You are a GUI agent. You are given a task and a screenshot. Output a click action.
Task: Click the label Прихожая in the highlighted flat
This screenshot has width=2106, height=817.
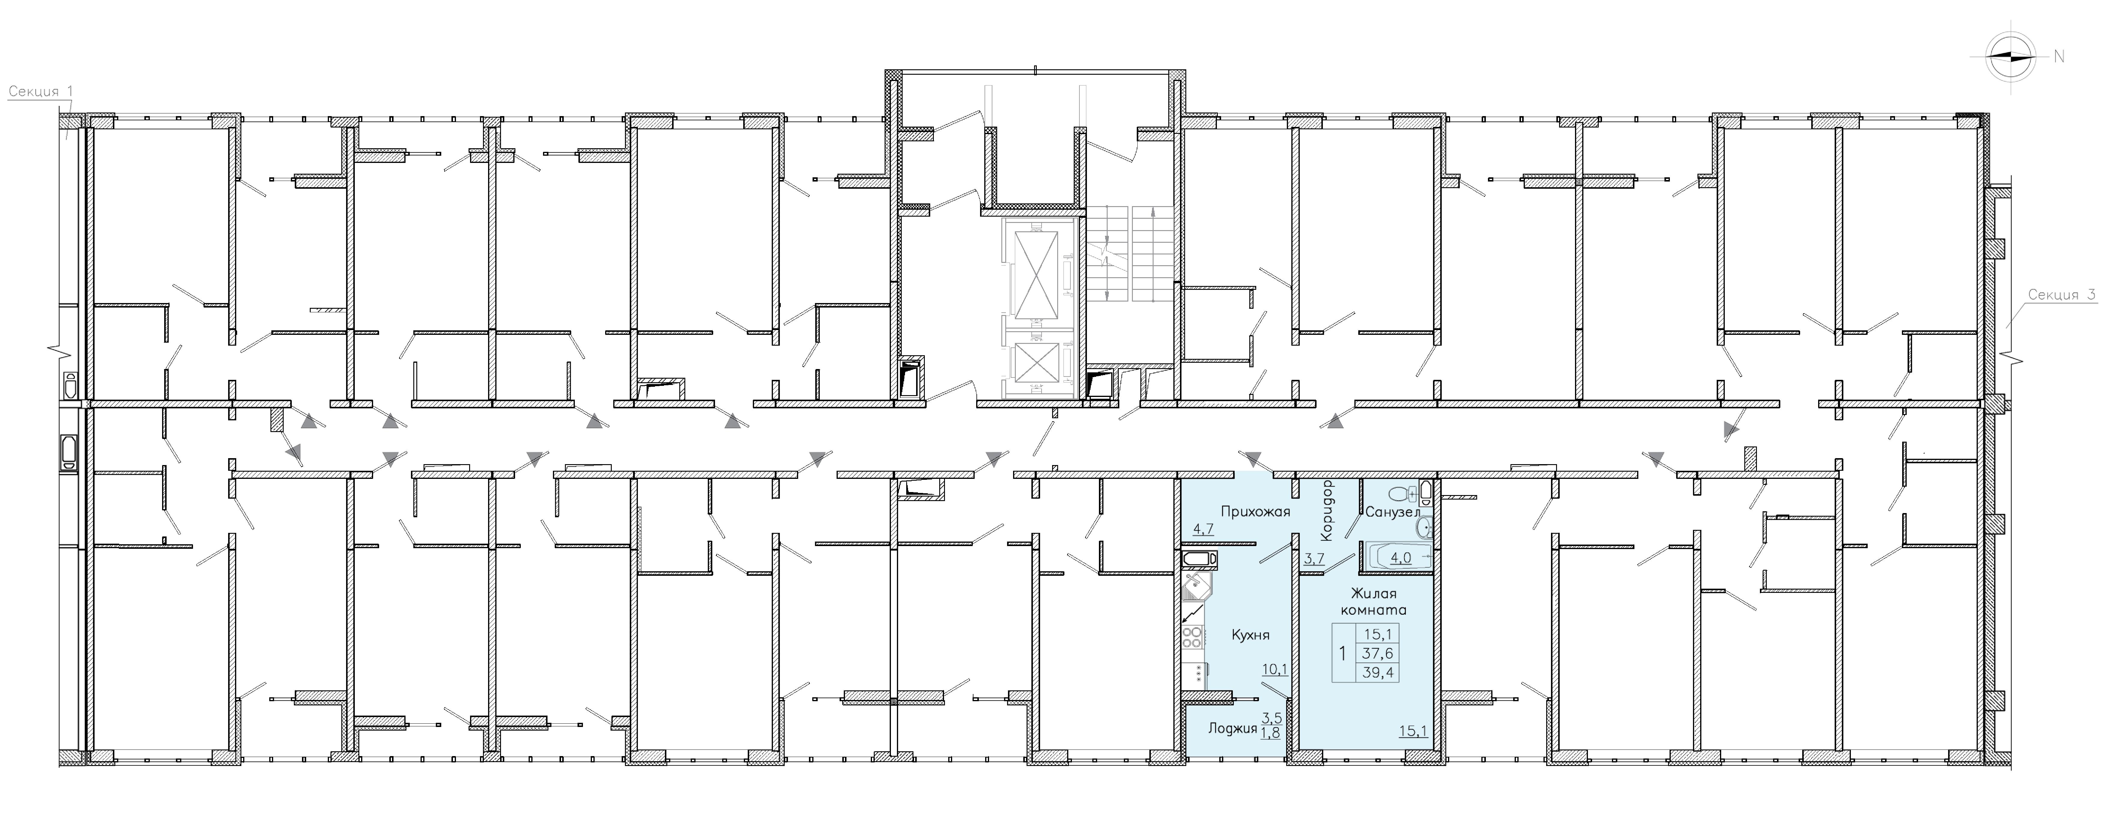[x=1255, y=512]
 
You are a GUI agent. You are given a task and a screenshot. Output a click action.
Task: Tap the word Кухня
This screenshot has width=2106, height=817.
[x=1251, y=635]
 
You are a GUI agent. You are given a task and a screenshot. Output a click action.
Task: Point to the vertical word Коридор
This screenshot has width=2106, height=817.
[x=1328, y=511]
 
